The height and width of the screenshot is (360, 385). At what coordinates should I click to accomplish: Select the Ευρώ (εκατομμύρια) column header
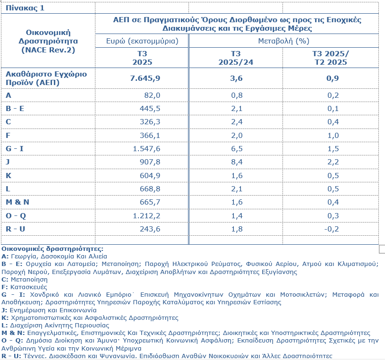pyautogui.click(x=142, y=41)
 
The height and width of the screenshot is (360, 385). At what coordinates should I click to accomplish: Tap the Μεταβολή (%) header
pyautogui.click(x=283, y=41)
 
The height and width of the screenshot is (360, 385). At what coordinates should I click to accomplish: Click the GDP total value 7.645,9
pyautogui.click(x=145, y=78)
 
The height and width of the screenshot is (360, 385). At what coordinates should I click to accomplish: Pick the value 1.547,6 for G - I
pyautogui.click(x=146, y=148)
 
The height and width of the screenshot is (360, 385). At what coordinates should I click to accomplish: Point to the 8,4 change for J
pyautogui.click(x=236, y=162)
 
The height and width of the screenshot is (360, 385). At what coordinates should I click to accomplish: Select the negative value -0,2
pyautogui.click(x=333, y=229)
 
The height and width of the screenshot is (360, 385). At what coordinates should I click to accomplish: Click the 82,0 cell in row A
pyautogui.click(x=152, y=95)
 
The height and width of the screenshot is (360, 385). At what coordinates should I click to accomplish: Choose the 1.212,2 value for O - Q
pyautogui.click(x=146, y=215)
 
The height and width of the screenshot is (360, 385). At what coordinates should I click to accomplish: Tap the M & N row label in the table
pyautogui.click(x=17, y=202)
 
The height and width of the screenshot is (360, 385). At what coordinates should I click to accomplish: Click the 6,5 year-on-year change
pyautogui.click(x=236, y=148)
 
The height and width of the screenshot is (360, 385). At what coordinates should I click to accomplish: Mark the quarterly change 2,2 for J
pyautogui.click(x=333, y=162)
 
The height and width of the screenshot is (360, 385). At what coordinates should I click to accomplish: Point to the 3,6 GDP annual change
pyautogui.click(x=236, y=78)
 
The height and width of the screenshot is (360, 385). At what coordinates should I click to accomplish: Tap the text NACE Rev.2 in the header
pyautogui.click(x=48, y=50)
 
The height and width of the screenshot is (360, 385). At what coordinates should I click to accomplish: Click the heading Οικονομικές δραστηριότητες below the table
pyautogui.click(x=52, y=249)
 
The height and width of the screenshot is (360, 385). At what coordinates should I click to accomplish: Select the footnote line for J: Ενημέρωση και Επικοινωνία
pyautogui.click(x=49, y=310)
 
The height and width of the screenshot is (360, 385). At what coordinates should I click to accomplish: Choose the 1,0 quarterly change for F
pyautogui.click(x=333, y=135)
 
